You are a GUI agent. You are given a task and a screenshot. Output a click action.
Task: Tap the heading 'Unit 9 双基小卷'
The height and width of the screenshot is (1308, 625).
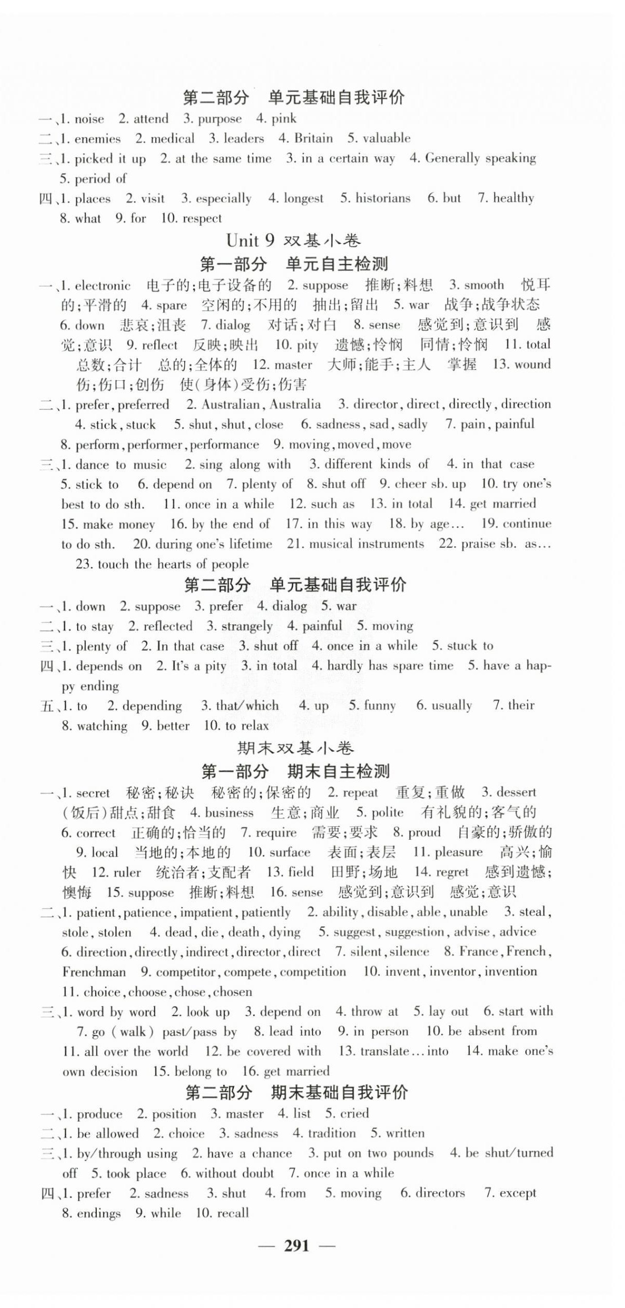click(x=293, y=241)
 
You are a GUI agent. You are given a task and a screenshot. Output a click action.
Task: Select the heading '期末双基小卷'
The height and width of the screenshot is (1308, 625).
click(x=295, y=748)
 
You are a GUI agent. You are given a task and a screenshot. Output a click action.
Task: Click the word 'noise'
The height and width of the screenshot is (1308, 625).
click(x=89, y=119)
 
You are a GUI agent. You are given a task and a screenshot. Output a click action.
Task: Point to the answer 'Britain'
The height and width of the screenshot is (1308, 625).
click(x=313, y=138)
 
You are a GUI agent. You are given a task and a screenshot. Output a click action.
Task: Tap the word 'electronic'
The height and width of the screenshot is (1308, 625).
click(x=102, y=286)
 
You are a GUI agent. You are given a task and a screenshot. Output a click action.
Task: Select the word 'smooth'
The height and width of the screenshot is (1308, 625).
click(x=484, y=285)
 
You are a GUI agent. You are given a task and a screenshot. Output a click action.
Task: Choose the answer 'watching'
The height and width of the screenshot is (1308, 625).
click(x=102, y=726)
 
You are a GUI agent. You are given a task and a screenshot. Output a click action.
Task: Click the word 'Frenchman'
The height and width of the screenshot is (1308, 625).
click(x=94, y=972)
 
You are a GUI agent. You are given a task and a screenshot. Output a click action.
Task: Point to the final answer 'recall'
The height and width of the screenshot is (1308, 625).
click(x=229, y=1213)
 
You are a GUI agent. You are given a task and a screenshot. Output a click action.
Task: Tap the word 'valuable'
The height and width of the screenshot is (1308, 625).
click(x=386, y=138)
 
